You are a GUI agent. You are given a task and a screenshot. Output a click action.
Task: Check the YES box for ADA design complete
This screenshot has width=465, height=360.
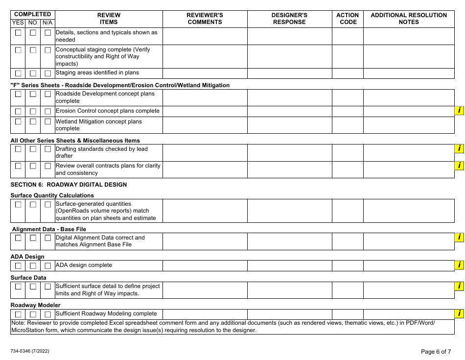(18, 266)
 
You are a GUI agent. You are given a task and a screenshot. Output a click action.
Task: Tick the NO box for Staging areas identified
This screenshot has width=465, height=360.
(33, 73)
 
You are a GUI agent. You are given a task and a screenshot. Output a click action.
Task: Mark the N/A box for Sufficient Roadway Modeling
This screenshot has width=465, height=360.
(47, 314)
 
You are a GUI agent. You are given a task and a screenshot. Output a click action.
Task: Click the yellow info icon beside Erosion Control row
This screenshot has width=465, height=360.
(459, 111)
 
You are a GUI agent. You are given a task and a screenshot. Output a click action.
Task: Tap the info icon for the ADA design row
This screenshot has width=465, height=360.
(459, 265)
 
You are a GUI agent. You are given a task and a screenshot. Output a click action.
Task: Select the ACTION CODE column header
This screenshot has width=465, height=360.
(348, 19)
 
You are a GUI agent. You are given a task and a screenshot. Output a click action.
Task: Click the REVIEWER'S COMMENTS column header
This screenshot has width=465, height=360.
(205, 19)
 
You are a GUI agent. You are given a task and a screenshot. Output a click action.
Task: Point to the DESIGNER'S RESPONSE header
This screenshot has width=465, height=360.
(289, 19)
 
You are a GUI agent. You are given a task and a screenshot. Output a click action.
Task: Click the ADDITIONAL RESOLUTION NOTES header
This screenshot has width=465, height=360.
(409, 19)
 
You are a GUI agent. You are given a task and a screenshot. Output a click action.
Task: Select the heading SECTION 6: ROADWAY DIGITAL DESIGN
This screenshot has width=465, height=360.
(69, 185)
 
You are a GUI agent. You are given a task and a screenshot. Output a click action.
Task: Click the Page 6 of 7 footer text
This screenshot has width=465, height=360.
(436, 351)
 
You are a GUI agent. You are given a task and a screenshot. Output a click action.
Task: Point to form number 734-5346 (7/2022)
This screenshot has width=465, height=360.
(29, 351)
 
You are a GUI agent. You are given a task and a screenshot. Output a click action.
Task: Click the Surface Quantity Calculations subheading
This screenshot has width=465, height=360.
(52, 195)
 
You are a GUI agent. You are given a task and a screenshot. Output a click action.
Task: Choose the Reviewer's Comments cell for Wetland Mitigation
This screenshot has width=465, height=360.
(205, 125)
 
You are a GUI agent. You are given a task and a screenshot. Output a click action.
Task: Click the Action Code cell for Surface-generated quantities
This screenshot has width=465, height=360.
(348, 211)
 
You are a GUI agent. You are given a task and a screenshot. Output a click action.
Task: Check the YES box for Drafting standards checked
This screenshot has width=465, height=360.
(18, 149)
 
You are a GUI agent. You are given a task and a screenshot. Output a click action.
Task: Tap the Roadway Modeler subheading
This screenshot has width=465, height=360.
(35, 305)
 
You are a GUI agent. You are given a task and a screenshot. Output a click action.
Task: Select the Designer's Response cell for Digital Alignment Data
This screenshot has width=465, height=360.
(289, 241)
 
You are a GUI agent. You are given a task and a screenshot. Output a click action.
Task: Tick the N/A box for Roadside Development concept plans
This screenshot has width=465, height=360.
(47, 94)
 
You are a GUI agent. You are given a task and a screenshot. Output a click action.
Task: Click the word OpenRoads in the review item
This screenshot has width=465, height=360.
(74, 211)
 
